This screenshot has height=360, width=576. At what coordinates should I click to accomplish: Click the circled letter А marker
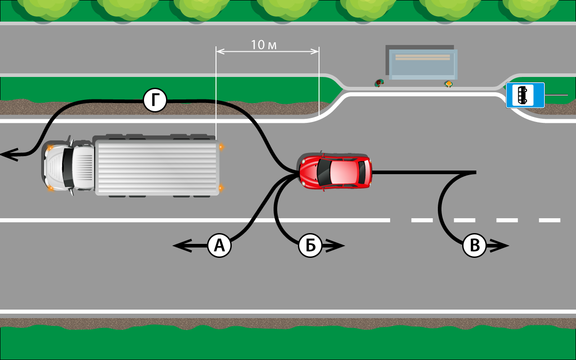[219, 246]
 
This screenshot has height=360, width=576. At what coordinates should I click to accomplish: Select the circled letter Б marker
[310, 246]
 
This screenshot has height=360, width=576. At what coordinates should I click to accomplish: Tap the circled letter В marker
[474, 246]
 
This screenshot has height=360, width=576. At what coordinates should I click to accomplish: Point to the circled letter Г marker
[155, 100]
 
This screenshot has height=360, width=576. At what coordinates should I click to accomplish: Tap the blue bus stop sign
[525, 95]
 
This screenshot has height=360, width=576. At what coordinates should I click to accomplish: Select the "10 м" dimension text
[264, 45]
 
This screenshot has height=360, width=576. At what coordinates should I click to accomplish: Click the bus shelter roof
[423, 63]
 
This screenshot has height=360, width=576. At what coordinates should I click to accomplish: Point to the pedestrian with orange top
[448, 84]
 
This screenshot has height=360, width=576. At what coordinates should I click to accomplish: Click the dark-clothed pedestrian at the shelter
[379, 83]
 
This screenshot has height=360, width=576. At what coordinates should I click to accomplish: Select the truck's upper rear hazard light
[220, 147]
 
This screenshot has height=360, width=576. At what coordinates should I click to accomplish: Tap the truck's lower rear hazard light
[220, 188]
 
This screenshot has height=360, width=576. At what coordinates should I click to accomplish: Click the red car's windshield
[324, 171]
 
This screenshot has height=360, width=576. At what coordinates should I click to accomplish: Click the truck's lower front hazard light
[50, 188]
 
